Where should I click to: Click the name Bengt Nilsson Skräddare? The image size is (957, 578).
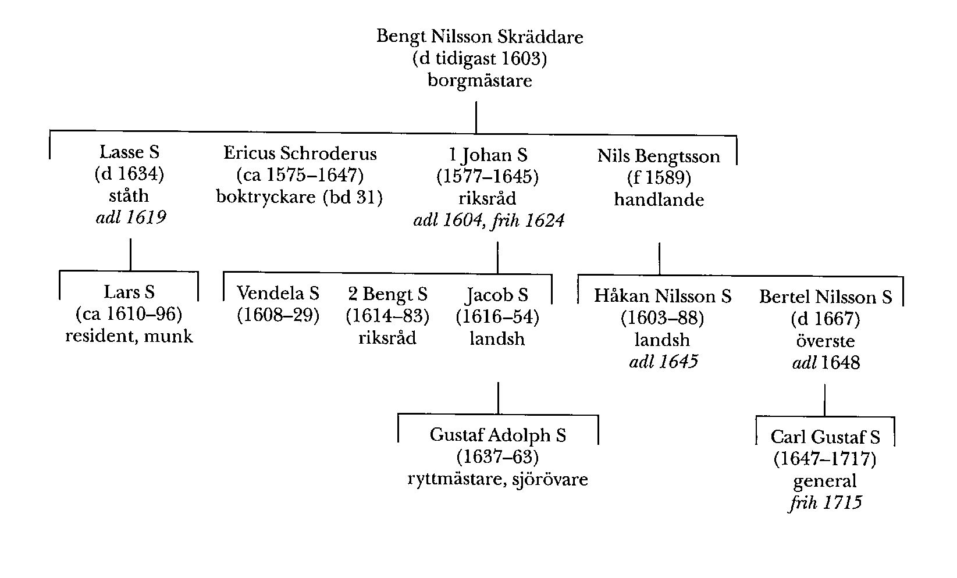tap(479, 37)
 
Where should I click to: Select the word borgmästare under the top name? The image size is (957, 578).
tap(479, 80)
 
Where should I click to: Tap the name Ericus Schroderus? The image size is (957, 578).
tap(300, 154)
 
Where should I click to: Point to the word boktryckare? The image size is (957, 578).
tap(266, 198)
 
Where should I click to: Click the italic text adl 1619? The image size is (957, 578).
tap(130, 217)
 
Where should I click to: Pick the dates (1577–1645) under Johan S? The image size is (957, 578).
tap(488, 177)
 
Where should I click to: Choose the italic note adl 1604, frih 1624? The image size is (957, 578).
tap(488, 220)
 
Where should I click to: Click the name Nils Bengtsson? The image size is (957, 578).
tap(658, 156)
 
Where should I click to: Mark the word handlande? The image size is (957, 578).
tap(659, 200)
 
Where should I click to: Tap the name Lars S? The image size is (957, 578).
tap(129, 292)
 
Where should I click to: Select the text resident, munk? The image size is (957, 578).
tap(129, 336)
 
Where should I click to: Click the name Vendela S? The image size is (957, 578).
tap(278, 294)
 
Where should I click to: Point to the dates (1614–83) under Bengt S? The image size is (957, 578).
tap(387, 316)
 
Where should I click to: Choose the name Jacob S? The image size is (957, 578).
tap(497, 295)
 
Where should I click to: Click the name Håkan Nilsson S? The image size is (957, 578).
tap(662, 296)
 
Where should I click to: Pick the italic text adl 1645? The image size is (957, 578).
tap(663, 362)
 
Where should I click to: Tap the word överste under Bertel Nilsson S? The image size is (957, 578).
tap(825, 341)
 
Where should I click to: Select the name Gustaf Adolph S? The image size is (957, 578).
tap(497, 435)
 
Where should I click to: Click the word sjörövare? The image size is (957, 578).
tap(550, 479)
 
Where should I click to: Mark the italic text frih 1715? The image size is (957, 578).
tap(825, 502)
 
